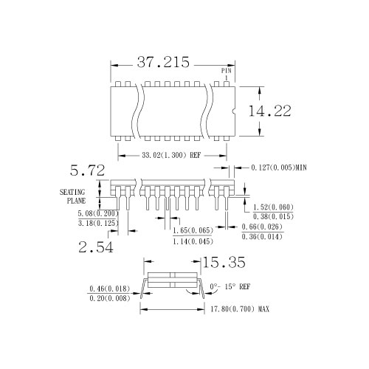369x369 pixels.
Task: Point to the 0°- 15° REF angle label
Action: [x=230, y=286]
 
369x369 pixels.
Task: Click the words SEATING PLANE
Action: [x=73, y=196]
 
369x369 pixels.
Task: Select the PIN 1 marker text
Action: [x=226, y=73]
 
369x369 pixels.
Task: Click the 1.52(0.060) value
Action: [x=274, y=207]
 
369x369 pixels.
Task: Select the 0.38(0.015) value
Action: [x=274, y=216]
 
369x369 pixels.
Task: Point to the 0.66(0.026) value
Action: [x=261, y=227]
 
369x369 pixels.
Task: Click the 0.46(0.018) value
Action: [x=109, y=288]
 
